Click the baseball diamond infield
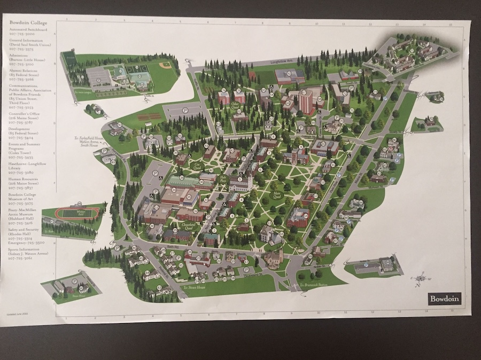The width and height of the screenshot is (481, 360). (x=165, y=66)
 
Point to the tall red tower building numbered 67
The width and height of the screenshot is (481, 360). (x=306, y=101)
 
